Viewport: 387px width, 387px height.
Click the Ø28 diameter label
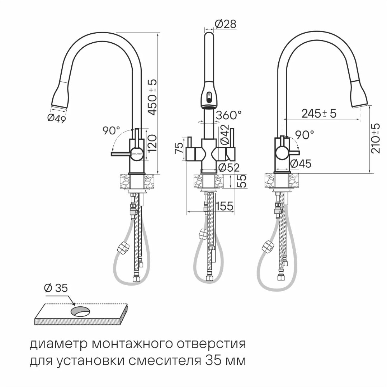226,24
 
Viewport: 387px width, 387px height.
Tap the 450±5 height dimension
153,97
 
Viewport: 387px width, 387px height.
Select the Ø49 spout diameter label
57,118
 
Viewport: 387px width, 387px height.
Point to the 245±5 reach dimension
319,114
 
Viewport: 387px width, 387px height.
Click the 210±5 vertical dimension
376,138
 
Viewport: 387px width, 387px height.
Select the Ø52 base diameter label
229,168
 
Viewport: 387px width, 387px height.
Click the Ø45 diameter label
301,163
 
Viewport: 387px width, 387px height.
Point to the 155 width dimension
224,206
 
